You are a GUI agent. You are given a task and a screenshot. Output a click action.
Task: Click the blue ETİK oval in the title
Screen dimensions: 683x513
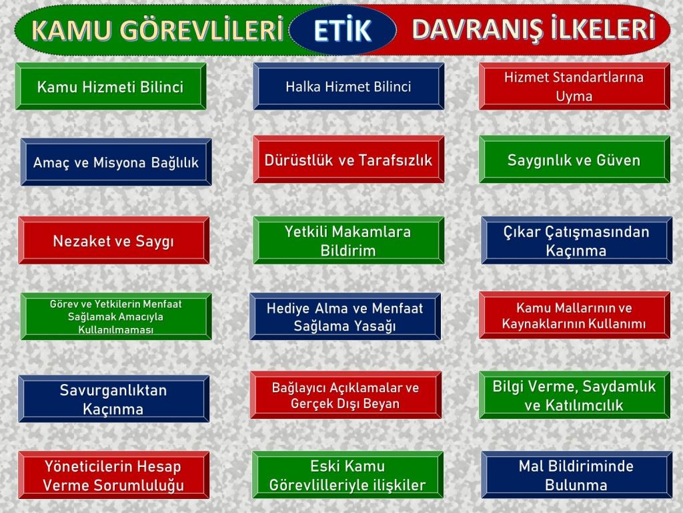click(x=342, y=29)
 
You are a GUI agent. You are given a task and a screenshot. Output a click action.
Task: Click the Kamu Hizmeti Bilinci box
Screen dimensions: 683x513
click(x=111, y=86)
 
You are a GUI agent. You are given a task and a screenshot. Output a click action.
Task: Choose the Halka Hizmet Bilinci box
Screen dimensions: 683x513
click(x=348, y=86)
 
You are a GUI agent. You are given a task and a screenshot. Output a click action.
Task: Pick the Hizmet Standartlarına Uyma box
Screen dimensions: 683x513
click(x=574, y=86)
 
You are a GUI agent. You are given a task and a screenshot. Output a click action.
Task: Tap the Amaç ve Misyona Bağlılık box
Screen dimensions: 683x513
click(x=116, y=162)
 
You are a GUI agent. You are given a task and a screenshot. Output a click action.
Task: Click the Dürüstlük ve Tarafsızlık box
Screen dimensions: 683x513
click(x=348, y=159)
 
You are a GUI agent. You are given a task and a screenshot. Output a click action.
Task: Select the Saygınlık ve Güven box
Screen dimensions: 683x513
click(x=574, y=159)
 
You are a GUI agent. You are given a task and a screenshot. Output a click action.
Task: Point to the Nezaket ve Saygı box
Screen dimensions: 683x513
click(x=113, y=240)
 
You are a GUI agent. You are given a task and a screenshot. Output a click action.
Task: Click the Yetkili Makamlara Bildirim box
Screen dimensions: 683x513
click(x=348, y=240)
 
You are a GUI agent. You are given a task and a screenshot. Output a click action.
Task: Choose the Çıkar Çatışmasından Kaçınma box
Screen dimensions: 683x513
click(x=577, y=240)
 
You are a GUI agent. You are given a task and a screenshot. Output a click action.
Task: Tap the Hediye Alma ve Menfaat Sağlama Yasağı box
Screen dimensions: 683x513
click(x=345, y=316)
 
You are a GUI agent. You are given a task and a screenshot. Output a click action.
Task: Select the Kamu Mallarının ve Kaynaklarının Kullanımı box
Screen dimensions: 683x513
click(x=574, y=315)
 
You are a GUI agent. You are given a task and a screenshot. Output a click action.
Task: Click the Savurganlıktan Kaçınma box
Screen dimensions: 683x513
click(x=113, y=399)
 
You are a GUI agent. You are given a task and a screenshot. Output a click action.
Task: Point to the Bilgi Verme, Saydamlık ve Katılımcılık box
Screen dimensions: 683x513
click(x=574, y=395)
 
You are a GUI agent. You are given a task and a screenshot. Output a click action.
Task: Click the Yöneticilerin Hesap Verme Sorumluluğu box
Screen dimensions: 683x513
click(x=113, y=475)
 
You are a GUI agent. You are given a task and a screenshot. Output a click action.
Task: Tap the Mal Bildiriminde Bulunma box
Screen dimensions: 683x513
click(x=577, y=475)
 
